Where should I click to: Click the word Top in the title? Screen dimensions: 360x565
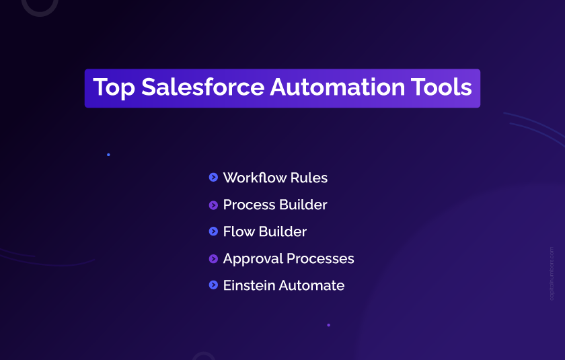click(x=114, y=88)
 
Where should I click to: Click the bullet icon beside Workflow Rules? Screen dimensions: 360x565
click(x=213, y=178)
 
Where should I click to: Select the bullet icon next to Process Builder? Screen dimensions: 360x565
click(x=213, y=205)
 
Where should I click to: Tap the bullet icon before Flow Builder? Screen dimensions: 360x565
click(x=213, y=231)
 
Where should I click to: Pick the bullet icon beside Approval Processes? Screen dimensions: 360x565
click(x=213, y=258)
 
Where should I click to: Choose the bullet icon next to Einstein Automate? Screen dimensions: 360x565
click(x=213, y=285)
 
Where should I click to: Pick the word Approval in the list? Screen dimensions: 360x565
click(x=254, y=259)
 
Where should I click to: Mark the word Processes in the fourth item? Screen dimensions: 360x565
click(x=322, y=259)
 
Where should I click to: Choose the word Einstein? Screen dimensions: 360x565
click(x=249, y=286)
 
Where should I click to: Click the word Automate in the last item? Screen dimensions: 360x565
click(x=311, y=286)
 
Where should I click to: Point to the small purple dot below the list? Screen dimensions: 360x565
click(x=328, y=325)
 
